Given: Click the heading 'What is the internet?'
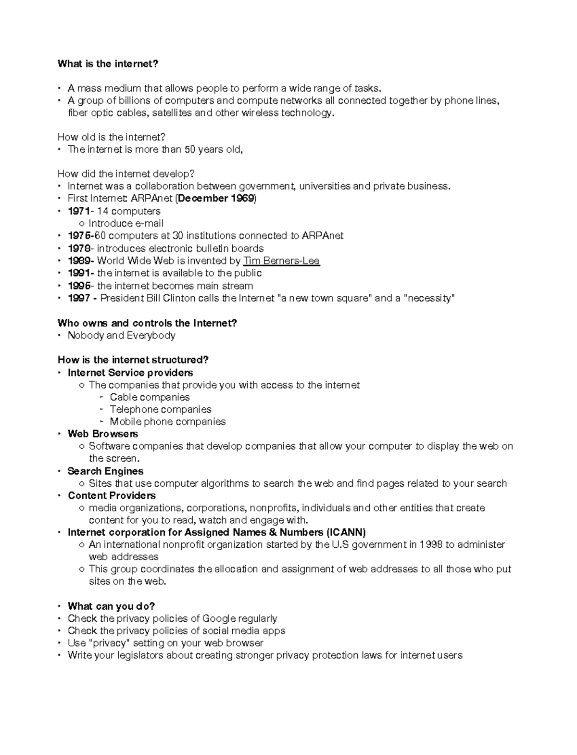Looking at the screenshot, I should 108,64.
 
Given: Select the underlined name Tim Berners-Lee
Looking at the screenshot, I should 281,261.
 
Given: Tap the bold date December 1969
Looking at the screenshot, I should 216,199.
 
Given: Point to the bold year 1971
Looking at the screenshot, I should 78,211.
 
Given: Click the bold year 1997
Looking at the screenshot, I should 79,298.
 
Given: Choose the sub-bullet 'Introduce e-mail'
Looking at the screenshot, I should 126,224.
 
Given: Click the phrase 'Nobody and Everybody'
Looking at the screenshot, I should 121,336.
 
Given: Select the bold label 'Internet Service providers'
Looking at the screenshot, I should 130,373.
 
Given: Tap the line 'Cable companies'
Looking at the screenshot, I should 150,397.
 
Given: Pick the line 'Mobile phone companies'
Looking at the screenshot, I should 167,422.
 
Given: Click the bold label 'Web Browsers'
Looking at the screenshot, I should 102,434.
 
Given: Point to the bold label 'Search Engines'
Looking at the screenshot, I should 105,471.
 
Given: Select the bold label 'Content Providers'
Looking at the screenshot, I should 112,496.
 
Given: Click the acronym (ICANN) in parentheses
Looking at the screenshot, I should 346,532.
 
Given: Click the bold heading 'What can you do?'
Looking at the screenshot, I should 111,606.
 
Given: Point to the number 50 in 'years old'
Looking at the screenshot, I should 190,150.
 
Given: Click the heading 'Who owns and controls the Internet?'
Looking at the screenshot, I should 147,323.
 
